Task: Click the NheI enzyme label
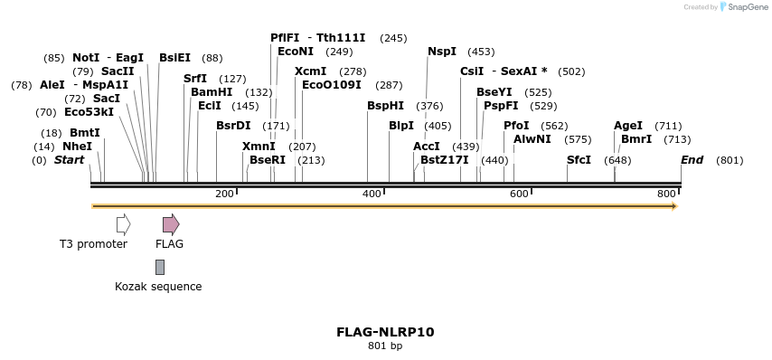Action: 77,146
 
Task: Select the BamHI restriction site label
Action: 212,92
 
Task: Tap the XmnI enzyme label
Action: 259,146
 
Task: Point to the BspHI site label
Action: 385,106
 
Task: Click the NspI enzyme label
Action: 442,52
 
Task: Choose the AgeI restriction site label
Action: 628,126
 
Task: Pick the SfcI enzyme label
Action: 579,160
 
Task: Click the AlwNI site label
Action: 532,139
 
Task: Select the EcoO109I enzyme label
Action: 331,85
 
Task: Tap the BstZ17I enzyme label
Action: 445,160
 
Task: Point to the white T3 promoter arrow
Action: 124,224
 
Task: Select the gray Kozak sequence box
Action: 160,267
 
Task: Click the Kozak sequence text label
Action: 158,287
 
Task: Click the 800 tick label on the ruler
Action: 666,194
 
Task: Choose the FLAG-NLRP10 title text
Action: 385,332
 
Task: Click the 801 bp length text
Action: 385,346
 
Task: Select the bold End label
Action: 692,160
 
